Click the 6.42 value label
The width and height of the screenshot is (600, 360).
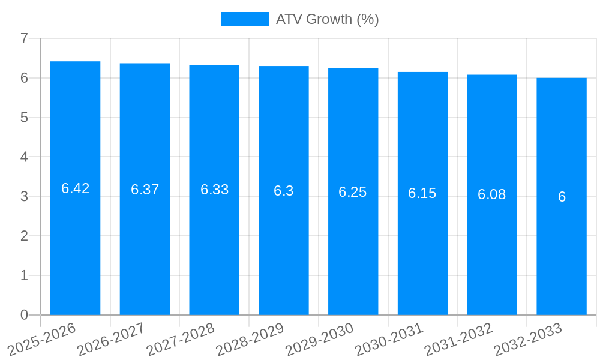76,188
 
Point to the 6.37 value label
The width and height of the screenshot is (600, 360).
145,190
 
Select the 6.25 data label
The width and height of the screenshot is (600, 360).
353,192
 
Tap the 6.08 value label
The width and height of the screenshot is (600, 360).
492,194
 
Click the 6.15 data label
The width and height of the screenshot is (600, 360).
422,193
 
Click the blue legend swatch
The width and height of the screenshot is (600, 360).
245,19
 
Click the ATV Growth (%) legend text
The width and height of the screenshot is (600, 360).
327,19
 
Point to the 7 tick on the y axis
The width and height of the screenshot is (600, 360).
24,38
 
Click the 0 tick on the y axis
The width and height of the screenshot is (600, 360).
24,315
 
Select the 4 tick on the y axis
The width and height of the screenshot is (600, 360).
24,157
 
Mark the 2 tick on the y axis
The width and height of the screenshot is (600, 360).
24,236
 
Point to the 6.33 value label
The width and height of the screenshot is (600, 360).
214,190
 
